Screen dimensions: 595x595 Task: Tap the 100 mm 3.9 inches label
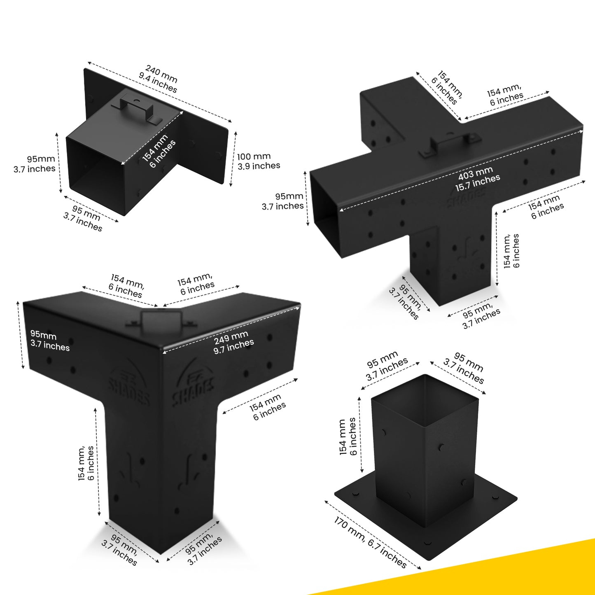[259, 161]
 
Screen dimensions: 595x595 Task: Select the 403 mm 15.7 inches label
[477, 180]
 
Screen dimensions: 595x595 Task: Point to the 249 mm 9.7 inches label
[233, 343]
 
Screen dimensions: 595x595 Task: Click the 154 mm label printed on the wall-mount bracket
[159, 151]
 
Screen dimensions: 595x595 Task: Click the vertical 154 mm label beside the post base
[348, 437]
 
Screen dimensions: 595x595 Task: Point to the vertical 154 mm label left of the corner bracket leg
[86, 463]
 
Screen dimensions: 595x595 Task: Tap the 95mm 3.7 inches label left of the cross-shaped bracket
[283, 201]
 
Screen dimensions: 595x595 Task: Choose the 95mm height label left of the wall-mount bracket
[34, 164]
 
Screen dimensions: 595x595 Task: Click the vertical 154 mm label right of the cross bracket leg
[512, 251]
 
